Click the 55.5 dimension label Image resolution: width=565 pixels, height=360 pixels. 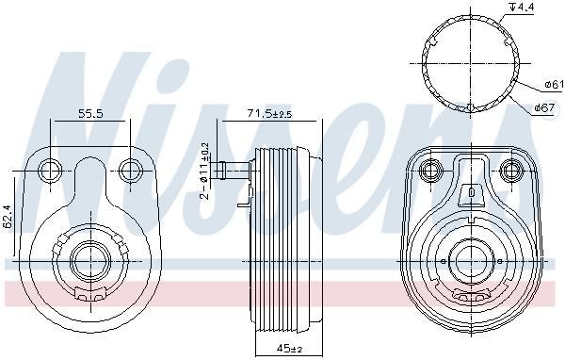(x=90, y=114)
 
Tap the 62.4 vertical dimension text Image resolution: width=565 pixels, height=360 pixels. (x=8, y=216)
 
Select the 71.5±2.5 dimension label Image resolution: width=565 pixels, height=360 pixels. (x=269, y=114)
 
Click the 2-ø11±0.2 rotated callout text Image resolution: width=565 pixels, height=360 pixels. (x=204, y=171)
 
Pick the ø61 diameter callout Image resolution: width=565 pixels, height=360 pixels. (x=555, y=85)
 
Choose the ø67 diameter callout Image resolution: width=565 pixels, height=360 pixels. (x=544, y=107)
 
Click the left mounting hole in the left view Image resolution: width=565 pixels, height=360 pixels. (x=50, y=171)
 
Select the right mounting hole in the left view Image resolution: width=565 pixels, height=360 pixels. (x=131, y=171)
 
